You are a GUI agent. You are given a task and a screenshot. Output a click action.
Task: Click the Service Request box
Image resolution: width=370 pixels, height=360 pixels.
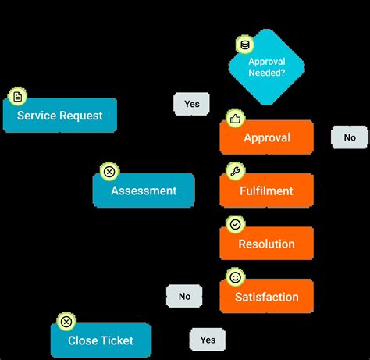(60, 116)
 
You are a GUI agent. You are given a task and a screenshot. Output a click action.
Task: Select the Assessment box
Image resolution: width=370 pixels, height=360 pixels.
(144, 191)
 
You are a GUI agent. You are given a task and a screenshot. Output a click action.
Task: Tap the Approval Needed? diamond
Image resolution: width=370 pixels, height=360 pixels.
(267, 67)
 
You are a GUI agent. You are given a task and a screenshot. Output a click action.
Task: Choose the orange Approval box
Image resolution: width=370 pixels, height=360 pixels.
(267, 137)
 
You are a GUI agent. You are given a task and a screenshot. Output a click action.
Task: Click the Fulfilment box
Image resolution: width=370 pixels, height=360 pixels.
(267, 191)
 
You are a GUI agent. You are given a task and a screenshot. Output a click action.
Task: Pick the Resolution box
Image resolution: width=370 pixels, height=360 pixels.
(267, 244)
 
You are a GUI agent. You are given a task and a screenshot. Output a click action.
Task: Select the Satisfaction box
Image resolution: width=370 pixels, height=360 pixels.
(267, 297)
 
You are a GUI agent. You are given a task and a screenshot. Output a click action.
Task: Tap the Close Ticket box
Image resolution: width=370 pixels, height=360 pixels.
(101, 340)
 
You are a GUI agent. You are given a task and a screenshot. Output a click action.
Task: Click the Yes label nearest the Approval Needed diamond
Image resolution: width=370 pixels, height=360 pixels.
(191, 104)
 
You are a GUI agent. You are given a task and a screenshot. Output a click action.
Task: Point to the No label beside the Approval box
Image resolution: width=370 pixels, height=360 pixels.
(350, 137)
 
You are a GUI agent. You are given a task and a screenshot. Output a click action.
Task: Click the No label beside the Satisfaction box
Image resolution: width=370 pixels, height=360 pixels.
(184, 296)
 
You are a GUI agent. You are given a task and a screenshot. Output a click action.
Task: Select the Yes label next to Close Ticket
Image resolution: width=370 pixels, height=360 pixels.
(208, 340)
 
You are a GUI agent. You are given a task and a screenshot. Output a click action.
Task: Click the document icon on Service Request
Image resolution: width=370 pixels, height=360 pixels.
(17, 97)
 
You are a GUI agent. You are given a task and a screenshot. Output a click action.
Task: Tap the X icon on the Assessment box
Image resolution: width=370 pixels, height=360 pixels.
(109, 172)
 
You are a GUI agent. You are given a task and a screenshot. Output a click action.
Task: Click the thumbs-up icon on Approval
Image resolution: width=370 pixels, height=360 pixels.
(234, 118)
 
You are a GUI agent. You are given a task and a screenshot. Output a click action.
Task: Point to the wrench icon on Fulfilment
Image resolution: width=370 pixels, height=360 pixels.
(234, 171)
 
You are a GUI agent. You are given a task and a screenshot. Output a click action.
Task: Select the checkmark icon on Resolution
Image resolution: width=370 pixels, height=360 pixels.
(234, 224)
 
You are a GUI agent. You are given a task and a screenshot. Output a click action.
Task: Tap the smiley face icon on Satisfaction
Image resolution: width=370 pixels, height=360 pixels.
(234, 277)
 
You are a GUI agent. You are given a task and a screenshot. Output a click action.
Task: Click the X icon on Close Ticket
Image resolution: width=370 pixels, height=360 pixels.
(66, 322)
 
